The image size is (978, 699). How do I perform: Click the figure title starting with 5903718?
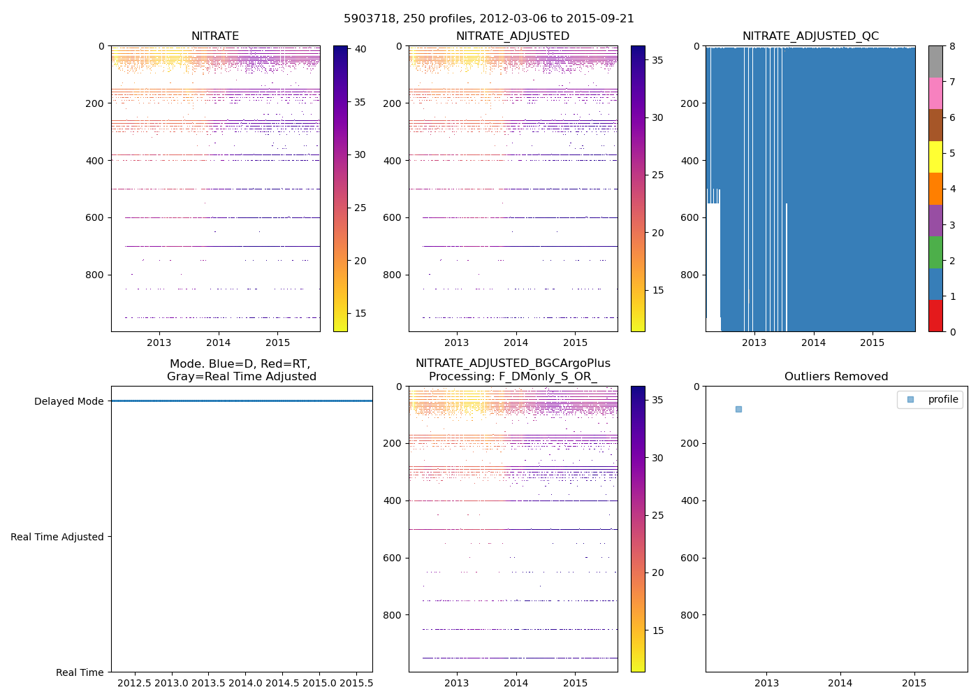pyautogui.click(x=489, y=19)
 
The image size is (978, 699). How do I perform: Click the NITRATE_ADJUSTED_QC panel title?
pyautogui.click(x=810, y=36)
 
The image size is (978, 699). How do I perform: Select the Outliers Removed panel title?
pyautogui.click(x=836, y=377)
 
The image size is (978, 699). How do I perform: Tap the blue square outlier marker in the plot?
pyautogui.click(x=738, y=409)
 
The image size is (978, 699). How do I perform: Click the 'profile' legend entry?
pyautogui.click(x=942, y=399)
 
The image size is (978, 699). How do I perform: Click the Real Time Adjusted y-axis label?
pyautogui.click(x=57, y=537)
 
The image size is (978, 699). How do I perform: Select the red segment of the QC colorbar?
pyautogui.click(x=935, y=316)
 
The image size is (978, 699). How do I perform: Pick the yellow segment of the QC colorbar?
pyautogui.click(x=935, y=157)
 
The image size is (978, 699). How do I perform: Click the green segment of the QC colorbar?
pyautogui.click(x=935, y=252)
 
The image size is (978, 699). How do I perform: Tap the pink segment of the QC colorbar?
pyautogui.click(x=935, y=93)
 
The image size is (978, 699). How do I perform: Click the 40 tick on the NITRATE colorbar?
pyautogui.click(x=360, y=49)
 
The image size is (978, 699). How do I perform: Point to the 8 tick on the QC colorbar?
pyautogui.click(x=953, y=46)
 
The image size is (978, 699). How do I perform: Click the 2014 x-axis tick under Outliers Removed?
pyautogui.click(x=840, y=683)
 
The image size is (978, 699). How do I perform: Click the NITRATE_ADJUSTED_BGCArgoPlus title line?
pyautogui.click(x=513, y=363)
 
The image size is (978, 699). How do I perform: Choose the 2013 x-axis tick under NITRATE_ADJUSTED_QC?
pyautogui.click(x=754, y=343)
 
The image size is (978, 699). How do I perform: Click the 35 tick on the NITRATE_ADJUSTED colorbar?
pyautogui.click(x=657, y=60)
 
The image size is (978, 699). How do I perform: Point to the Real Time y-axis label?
pyautogui.click(x=80, y=672)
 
